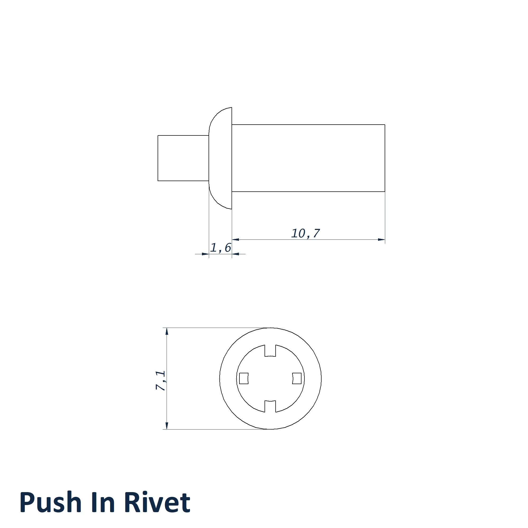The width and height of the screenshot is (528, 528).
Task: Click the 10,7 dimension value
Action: [x=305, y=233]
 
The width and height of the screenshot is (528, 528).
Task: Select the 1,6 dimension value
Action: [x=220, y=248]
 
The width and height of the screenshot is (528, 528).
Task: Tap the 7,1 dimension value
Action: [x=161, y=380]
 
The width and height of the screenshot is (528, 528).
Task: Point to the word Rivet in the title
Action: [x=157, y=502]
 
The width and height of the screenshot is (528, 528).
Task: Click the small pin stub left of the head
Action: [x=183, y=158]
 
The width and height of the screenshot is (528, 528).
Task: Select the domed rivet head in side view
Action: [x=220, y=158]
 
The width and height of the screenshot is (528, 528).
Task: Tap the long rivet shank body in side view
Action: [x=308, y=158]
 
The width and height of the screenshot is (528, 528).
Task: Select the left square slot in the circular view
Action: [x=244, y=379]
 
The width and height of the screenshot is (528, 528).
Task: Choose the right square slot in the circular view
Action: [x=297, y=379]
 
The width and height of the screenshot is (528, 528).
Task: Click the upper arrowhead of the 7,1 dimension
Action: [x=167, y=331]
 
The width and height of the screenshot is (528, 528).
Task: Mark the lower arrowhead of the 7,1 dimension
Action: [x=167, y=426]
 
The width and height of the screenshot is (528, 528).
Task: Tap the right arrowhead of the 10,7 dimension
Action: [x=381, y=240]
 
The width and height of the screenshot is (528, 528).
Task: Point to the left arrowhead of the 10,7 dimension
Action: [x=235, y=240]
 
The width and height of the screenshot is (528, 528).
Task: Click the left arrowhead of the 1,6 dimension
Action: [x=205, y=254]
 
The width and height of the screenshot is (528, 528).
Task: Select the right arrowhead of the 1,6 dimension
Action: [x=235, y=254]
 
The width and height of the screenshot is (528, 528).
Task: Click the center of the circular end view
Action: [x=270, y=379]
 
